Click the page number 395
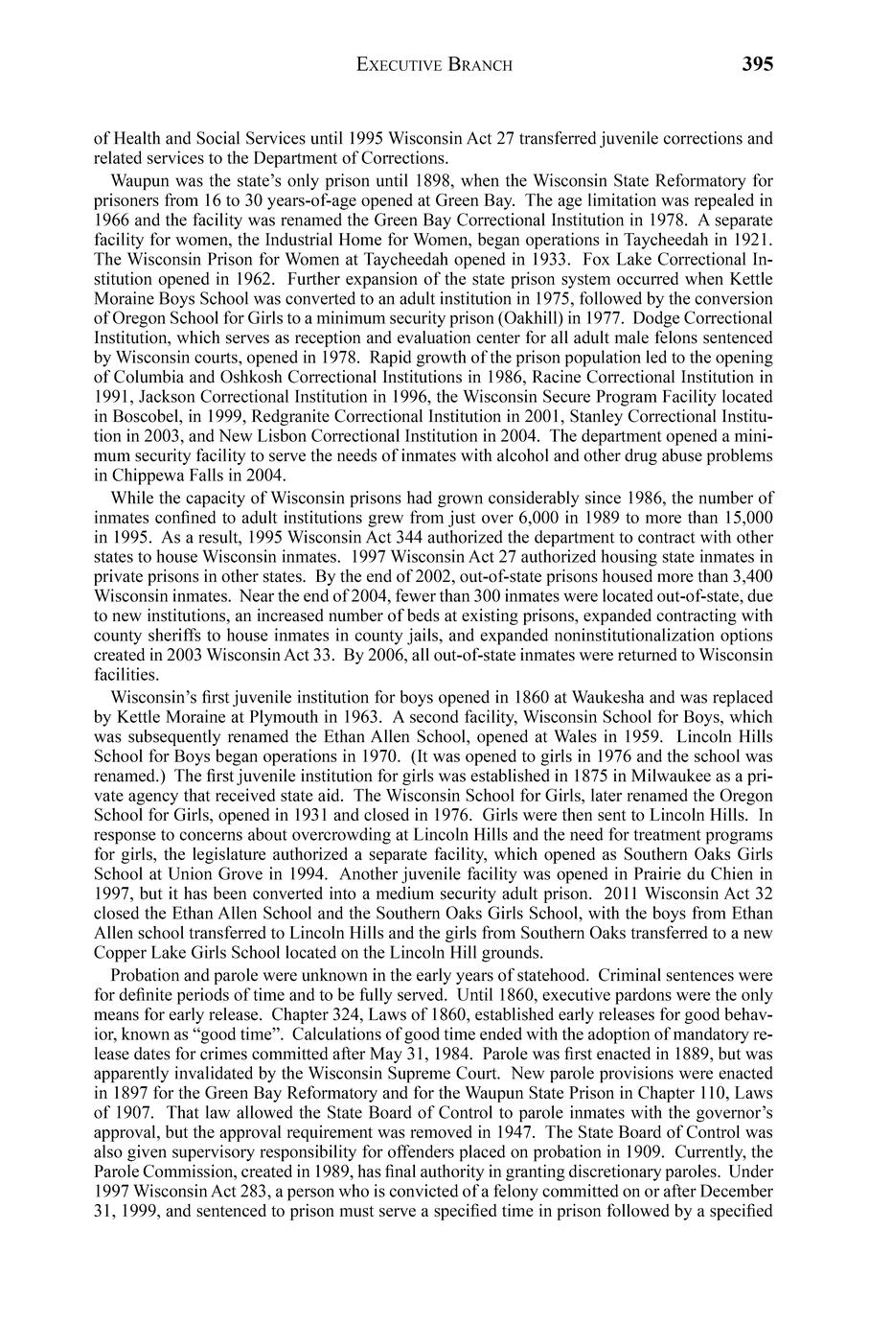756,64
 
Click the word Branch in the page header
476,65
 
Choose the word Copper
119,952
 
